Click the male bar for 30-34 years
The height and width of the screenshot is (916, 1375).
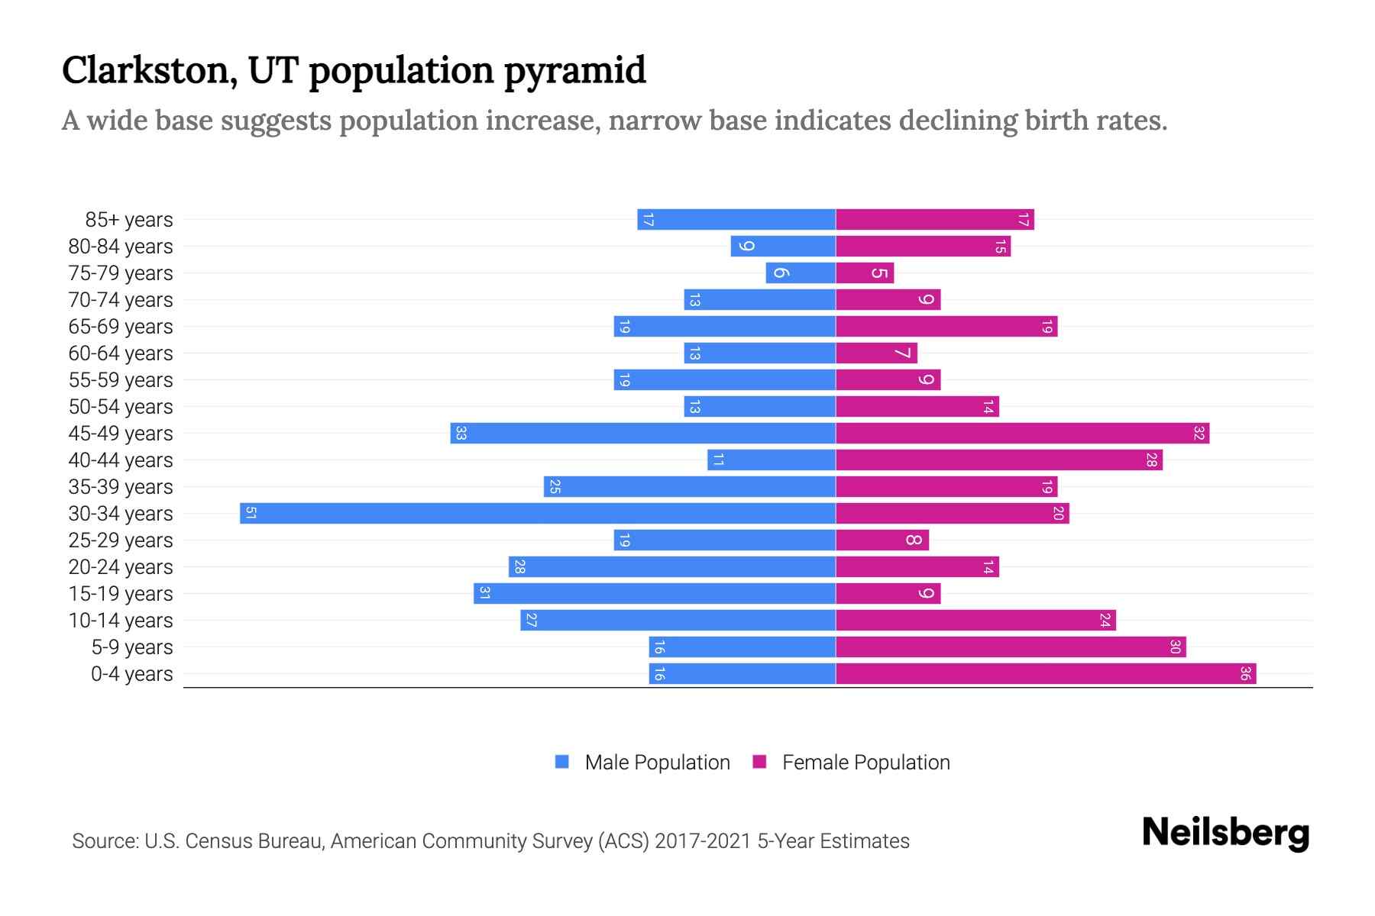point(538,513)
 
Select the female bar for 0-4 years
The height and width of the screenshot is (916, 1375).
point(1046,673)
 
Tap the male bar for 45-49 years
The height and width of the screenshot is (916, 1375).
point(643,433)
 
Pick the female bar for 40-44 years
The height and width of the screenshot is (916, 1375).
point(999,460)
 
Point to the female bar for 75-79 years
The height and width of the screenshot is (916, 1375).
point(865,273)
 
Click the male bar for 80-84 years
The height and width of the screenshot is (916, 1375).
point(783,246)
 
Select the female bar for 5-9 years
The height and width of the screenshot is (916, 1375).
point(1011,647)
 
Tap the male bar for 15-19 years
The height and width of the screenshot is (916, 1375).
point(655,593)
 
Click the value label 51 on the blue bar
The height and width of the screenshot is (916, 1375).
point(251,513)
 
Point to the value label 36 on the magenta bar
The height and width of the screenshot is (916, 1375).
point(1245,673)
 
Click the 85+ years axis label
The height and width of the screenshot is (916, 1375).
point(129,220)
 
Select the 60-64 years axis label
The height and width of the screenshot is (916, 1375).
point(121,353)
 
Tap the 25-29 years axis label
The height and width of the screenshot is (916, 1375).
point(121,540)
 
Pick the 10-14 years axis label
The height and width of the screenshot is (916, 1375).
point(121,621)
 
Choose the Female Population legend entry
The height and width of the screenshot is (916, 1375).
point(865,763)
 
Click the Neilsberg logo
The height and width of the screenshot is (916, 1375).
point(1225,833)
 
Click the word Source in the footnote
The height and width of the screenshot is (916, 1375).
point(105,841)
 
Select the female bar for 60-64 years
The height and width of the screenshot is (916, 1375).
point(876,353)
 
